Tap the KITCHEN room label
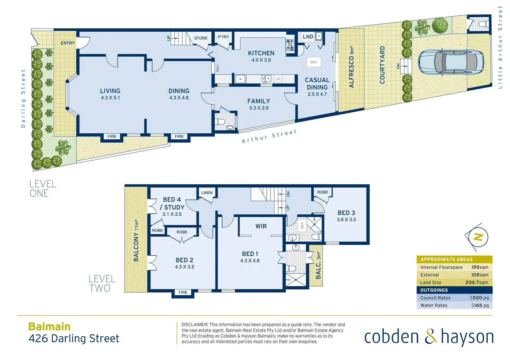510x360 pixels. pyautogui.click(x=261, y=53)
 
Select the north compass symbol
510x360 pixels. pyautogui.click(x=478, y=237)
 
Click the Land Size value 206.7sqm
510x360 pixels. pyautogui.click(x=477, y=282)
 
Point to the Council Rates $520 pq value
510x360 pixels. pyautogui.click(x=479, y=298)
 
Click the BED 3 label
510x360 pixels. pyautogui.click(x=346, y=213)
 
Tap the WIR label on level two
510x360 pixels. pyautogui.click(x=261, y=226)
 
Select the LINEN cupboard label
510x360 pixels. pyautogui.click(x=207, y=193)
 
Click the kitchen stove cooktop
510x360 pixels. pyautogui.click(x=290, y=45)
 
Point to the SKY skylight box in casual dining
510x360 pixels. pyautogui.click(x=314, y=62)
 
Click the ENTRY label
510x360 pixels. pyautogui.click(x=68, y=43)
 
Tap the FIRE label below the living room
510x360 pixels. pyautogui.click(x=112, y=136)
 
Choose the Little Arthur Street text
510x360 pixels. pyautogui.click(x=500, y=47)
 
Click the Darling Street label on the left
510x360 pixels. pyautogui.click(x=23, y=98)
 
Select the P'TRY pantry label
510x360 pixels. pyautogui.click(x=223, y=37)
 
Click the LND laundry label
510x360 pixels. pyautogui.click(x=308, y=37)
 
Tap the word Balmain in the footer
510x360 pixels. pyautogui.click(x=49, y=326)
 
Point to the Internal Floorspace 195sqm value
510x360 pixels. pyautogui.click(x=479, y=267)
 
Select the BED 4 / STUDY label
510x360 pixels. pyautogui.click(x=172, y=203)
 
